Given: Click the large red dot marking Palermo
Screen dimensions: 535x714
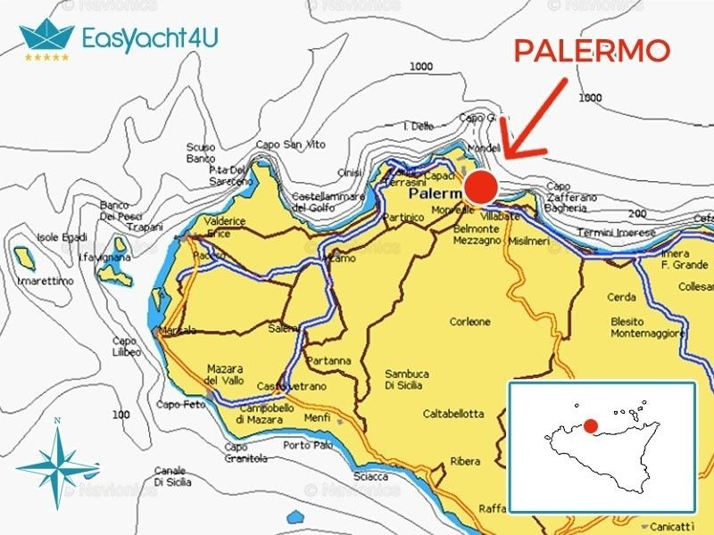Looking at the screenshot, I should point(480,188).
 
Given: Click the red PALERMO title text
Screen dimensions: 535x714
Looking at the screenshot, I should point(591,51).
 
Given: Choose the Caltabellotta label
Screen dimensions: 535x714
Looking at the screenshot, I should point(452,414).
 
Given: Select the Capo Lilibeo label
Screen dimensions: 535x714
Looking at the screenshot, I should point(125,346).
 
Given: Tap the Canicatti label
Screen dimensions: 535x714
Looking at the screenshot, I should point(672,524).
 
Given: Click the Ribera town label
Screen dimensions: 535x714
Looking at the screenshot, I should point(465,461).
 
